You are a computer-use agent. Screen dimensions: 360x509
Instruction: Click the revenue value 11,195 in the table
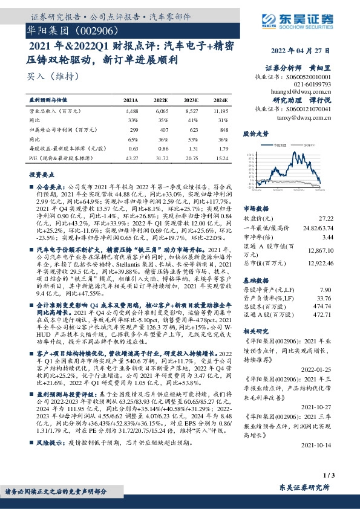(220, 111)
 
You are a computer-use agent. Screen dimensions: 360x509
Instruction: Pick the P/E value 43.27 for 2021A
(130, 158)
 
